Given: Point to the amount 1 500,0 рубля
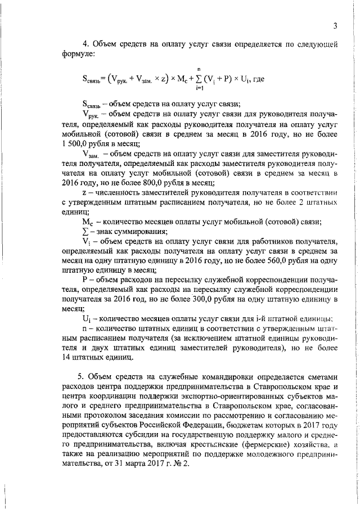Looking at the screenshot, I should [x=80, y=143].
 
